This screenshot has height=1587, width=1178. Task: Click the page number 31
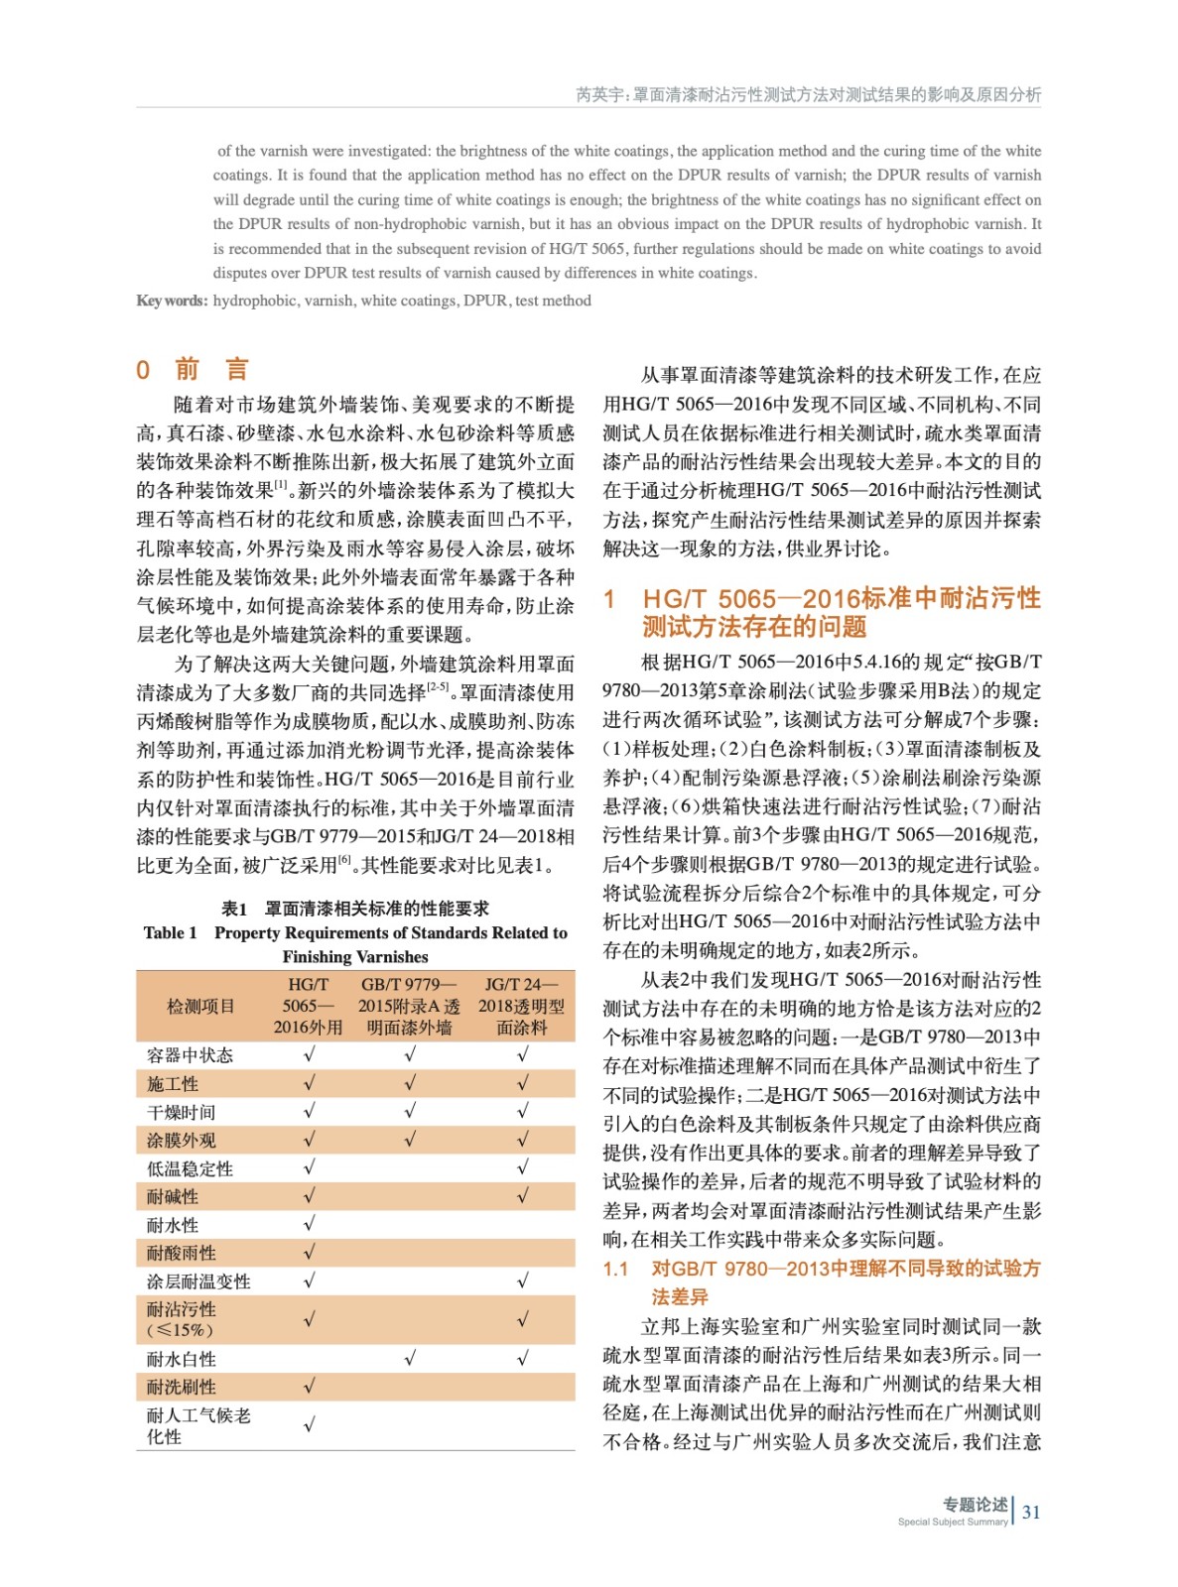point(1031,1512)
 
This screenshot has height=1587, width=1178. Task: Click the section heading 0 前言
point(193,370)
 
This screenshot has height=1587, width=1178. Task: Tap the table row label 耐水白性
point(181,1359)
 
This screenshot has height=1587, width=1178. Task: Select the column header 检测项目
point(200,1006)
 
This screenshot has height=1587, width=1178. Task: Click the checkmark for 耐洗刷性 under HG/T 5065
point(309,1387)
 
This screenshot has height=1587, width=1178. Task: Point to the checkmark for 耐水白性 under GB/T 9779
point(410,1359)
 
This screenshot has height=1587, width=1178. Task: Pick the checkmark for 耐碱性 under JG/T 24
point(522,1196)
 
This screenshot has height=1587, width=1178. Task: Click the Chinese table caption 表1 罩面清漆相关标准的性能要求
point(354,909)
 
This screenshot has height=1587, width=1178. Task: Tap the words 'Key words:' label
point(172,301)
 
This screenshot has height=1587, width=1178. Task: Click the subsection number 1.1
point(615,1269)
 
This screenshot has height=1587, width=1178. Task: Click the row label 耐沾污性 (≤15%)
point(181,1319)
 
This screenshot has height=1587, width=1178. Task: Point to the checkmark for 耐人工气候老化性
point(309,1425)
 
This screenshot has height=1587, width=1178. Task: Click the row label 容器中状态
point(190,1055)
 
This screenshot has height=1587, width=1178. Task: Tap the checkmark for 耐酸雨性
point(309,1253)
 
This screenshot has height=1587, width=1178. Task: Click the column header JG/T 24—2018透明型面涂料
point(521,1006)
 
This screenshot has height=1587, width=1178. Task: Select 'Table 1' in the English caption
point(170,932)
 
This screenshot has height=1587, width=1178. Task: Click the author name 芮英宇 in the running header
point(599,95)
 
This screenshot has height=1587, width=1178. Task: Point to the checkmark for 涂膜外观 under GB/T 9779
point(410,1140)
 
